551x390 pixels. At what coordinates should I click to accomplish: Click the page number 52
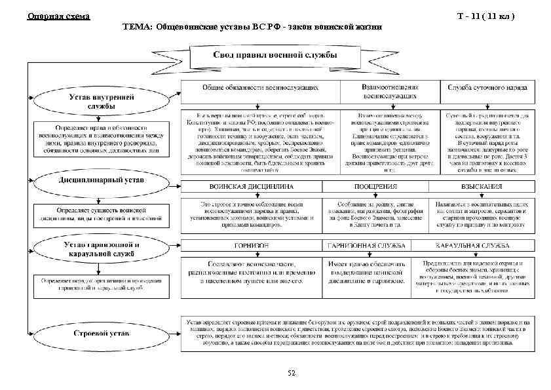click(292, 373)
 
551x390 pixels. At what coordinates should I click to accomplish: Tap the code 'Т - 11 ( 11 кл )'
click(491, 15)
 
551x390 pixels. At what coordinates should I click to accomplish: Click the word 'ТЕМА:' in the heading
click(137, 28)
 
